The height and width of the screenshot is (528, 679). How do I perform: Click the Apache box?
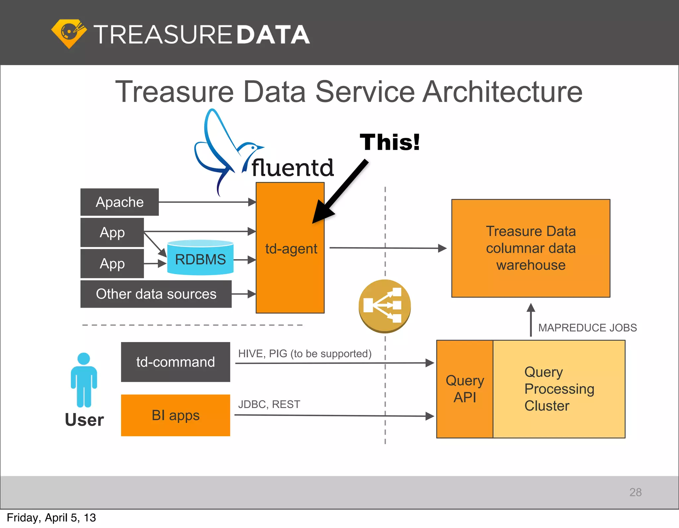[119, 202]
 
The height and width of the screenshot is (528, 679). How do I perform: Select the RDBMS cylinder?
[200, 259]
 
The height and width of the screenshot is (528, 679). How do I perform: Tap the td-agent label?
[291, 249]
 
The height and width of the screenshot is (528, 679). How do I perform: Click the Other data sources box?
[156, 294]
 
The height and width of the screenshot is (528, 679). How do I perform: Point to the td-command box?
[175, 362]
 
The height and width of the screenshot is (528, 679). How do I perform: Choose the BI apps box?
[175, 415]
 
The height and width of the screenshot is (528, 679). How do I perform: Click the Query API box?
[464, 389]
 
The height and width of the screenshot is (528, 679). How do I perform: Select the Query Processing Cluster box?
[559, 389]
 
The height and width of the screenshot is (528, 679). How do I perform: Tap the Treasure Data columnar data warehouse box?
[530, 248]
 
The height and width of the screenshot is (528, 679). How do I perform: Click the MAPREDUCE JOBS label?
[587, 328]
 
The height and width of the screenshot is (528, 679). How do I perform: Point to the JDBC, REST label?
[269, 404]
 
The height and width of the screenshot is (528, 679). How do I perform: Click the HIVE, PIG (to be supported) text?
[304, 354]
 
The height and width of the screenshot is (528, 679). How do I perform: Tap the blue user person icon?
[84, 380]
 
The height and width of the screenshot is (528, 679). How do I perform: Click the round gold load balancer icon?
[385, 306]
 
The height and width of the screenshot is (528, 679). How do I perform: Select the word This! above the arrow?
[390, 142]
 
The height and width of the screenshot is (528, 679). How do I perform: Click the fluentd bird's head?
[252, 147]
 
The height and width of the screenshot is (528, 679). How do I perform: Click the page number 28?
[635, 492]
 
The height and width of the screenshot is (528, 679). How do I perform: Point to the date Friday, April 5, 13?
[51, 518]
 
